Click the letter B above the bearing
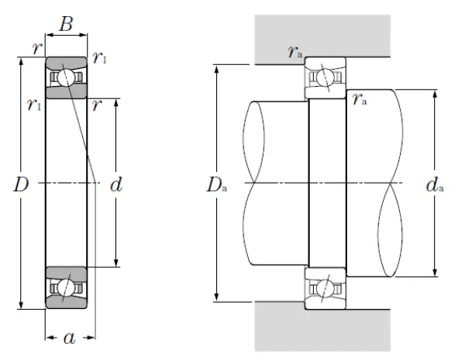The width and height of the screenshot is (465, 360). [67, 24]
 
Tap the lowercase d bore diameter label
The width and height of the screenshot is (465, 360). [116, 185]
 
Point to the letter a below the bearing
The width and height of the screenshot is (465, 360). [69, 338]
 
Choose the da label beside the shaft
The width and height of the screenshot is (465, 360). [436, 185]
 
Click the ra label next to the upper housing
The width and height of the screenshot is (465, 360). [294, 53]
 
